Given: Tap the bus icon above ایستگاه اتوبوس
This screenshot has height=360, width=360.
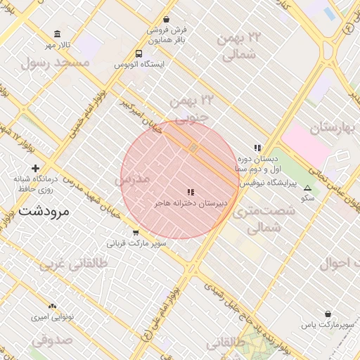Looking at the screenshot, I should (139, 53).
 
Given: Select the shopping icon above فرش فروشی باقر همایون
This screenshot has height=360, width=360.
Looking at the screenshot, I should (166, 20).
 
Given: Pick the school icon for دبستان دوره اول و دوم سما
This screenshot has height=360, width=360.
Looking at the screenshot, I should (257, 148).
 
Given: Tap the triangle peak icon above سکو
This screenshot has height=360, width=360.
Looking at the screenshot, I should (307, 188).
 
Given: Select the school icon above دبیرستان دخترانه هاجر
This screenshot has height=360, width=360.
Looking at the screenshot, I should (190, 191).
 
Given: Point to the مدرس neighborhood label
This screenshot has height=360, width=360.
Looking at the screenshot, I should (132, 180).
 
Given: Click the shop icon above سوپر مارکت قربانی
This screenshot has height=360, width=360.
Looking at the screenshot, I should (136, 233).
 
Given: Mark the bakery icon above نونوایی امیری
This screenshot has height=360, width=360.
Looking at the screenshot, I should (51, 306).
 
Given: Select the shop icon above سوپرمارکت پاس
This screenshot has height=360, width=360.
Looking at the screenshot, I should (328, 314).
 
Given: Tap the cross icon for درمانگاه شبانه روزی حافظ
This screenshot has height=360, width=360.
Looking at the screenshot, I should (35, 168).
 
